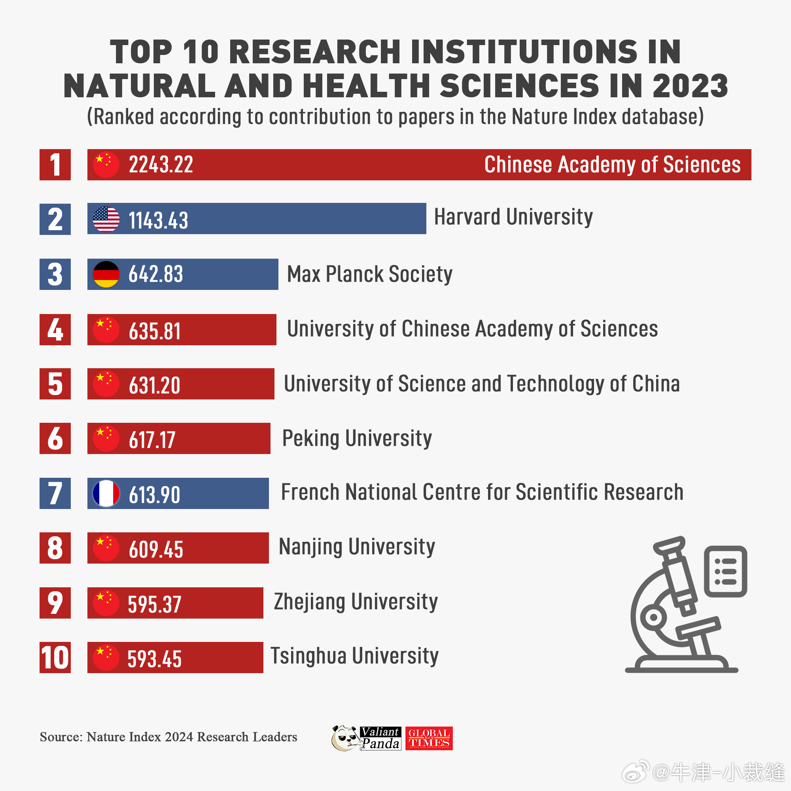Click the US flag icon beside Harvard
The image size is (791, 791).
pyautogui.click(x=106, y=219)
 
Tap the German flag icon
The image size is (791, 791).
pyautogui.click(x=106, y=274)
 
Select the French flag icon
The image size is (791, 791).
pyautogui.click(x=106, y=493)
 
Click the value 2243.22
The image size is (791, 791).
pyautogui.click(x=161, y=165)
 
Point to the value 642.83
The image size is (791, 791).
pyautogui.click(x=155, y=274)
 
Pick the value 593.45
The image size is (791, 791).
pyautogui.click(x=154, y=659)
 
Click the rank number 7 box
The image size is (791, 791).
pyautogui.click(x=55, y=493)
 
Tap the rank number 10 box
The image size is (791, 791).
pyautogui.click(x=55, y=658)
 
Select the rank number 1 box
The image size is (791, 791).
pyautogui.click(x=55, y=165)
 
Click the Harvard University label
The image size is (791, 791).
pyautogui.click(x=513, y=217)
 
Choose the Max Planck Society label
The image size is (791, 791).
pyautogui.click(x=369, y=274)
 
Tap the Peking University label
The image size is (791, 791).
pyautogui.click(x=357, y=439)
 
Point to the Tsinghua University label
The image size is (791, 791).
pyautogui.click(x=354, y=656)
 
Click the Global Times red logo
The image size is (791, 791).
pyautogui.click(x=429, y=738)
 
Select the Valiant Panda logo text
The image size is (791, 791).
pyautogui.click(x=381, y=738)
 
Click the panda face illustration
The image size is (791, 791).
pyautogui.click(x=345, y=738)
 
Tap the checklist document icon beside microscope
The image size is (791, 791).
pyautogui.click(x=725, y=571)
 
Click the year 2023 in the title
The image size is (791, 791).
pyautogui.click(x=690, y=86)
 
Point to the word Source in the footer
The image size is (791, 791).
pyautogui.click(x=61, y=737)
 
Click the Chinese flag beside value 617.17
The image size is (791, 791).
pyautogui.click(x=106, y=439)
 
